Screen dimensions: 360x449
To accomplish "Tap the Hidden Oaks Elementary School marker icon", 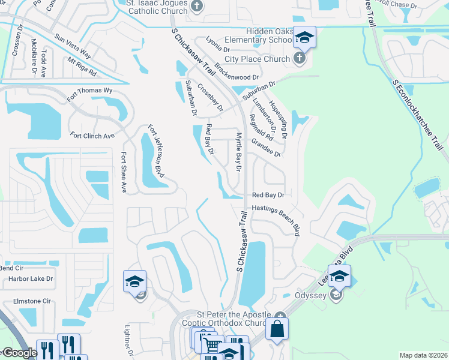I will coord(304,38).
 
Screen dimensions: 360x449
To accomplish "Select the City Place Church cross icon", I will coord(300,59).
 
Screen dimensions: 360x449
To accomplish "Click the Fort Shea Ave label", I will coord(123,172).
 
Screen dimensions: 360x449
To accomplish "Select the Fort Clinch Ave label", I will coord(92,136).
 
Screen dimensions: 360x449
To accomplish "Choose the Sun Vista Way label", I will coord(72,45).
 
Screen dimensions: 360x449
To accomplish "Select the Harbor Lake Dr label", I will coord(31,278).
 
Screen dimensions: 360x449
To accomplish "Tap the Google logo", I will coord(19,353).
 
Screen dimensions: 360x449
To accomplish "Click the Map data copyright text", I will coord(424,355).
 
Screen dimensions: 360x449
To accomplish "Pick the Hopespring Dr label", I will coord(278,119).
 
